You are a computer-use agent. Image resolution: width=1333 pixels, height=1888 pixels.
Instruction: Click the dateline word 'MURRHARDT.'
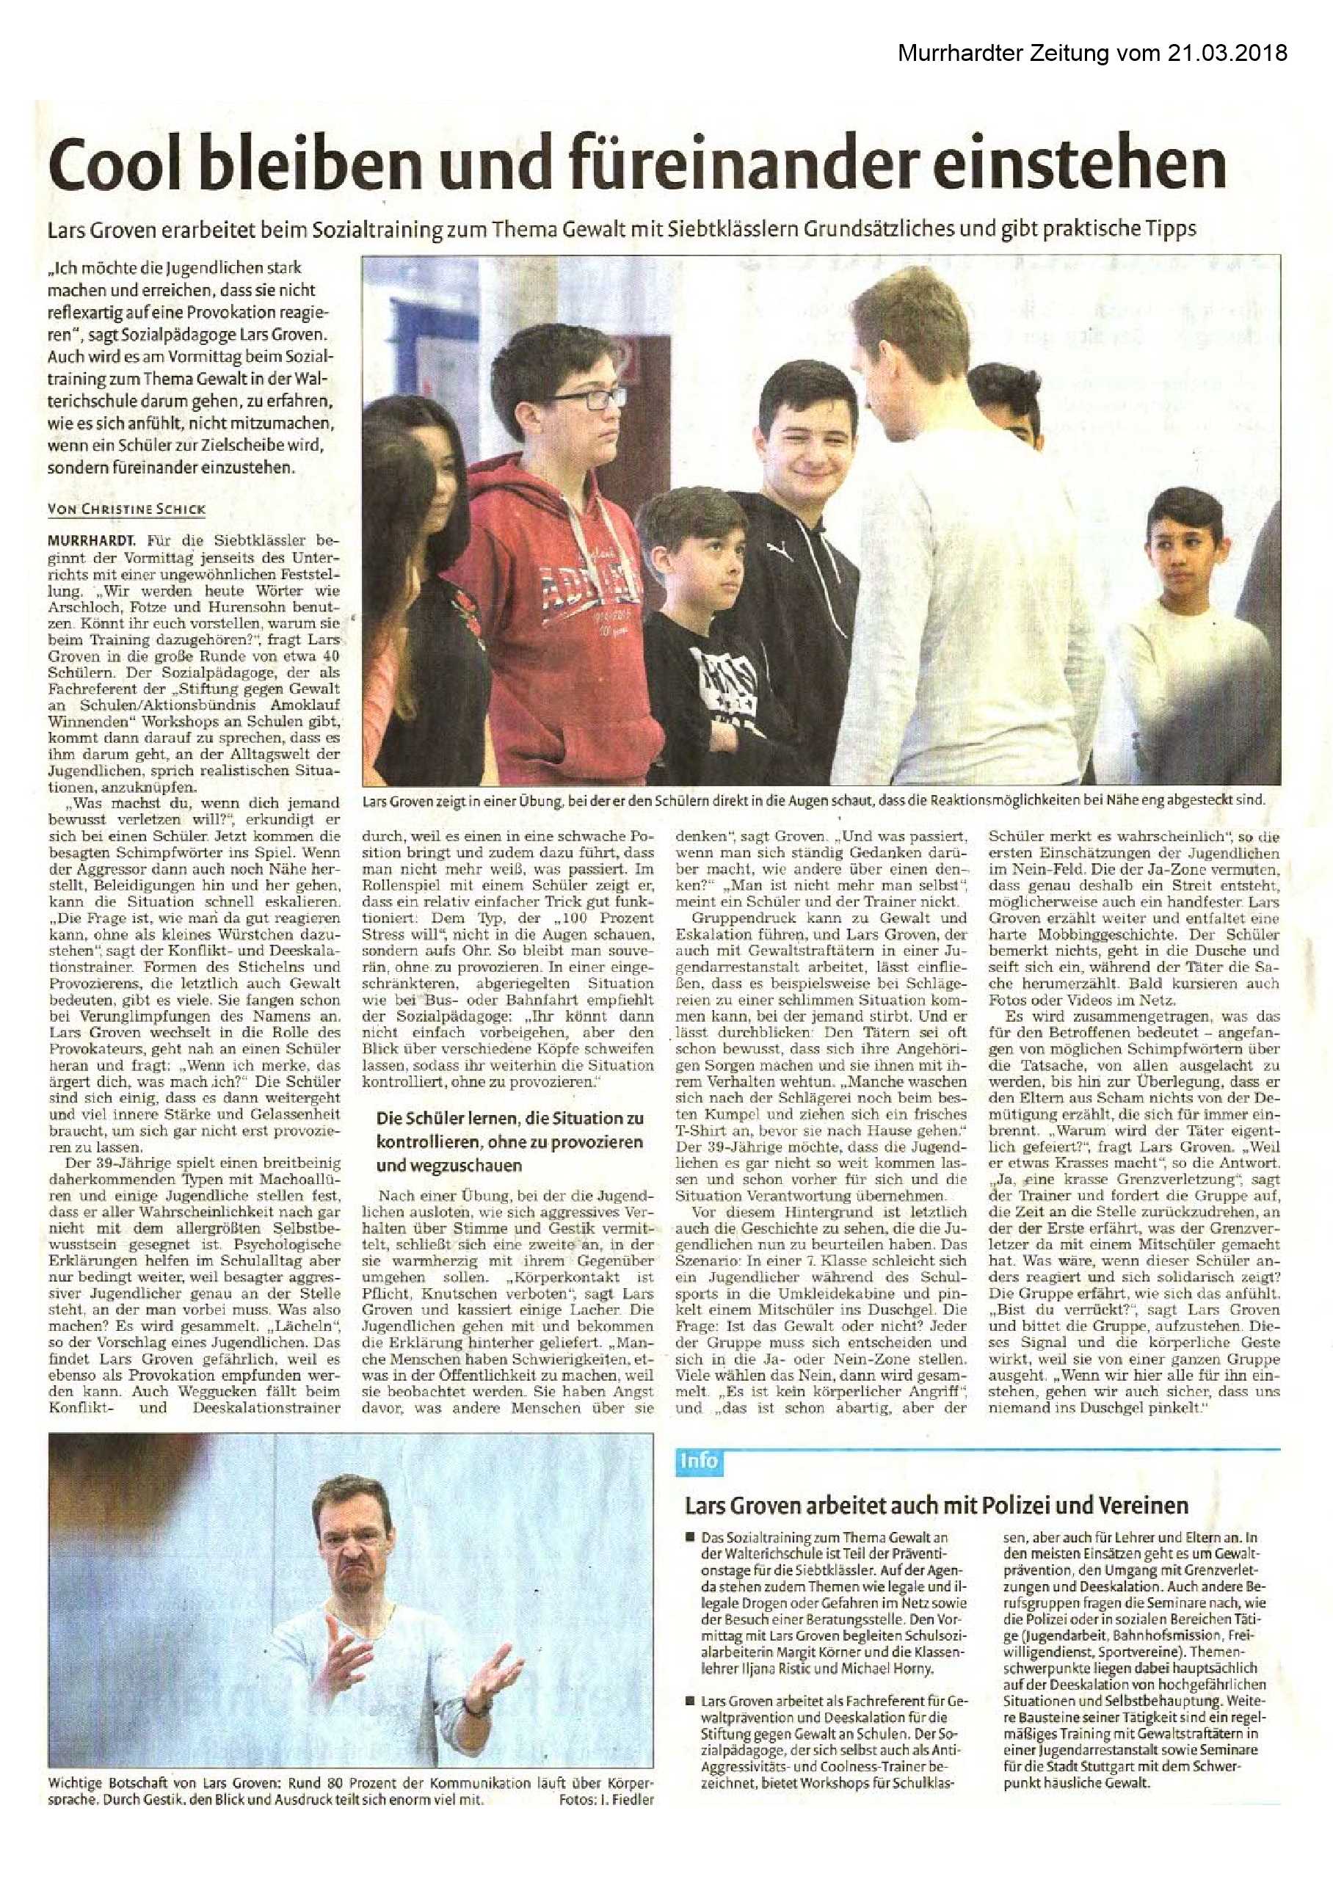click(x=91, y=540)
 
